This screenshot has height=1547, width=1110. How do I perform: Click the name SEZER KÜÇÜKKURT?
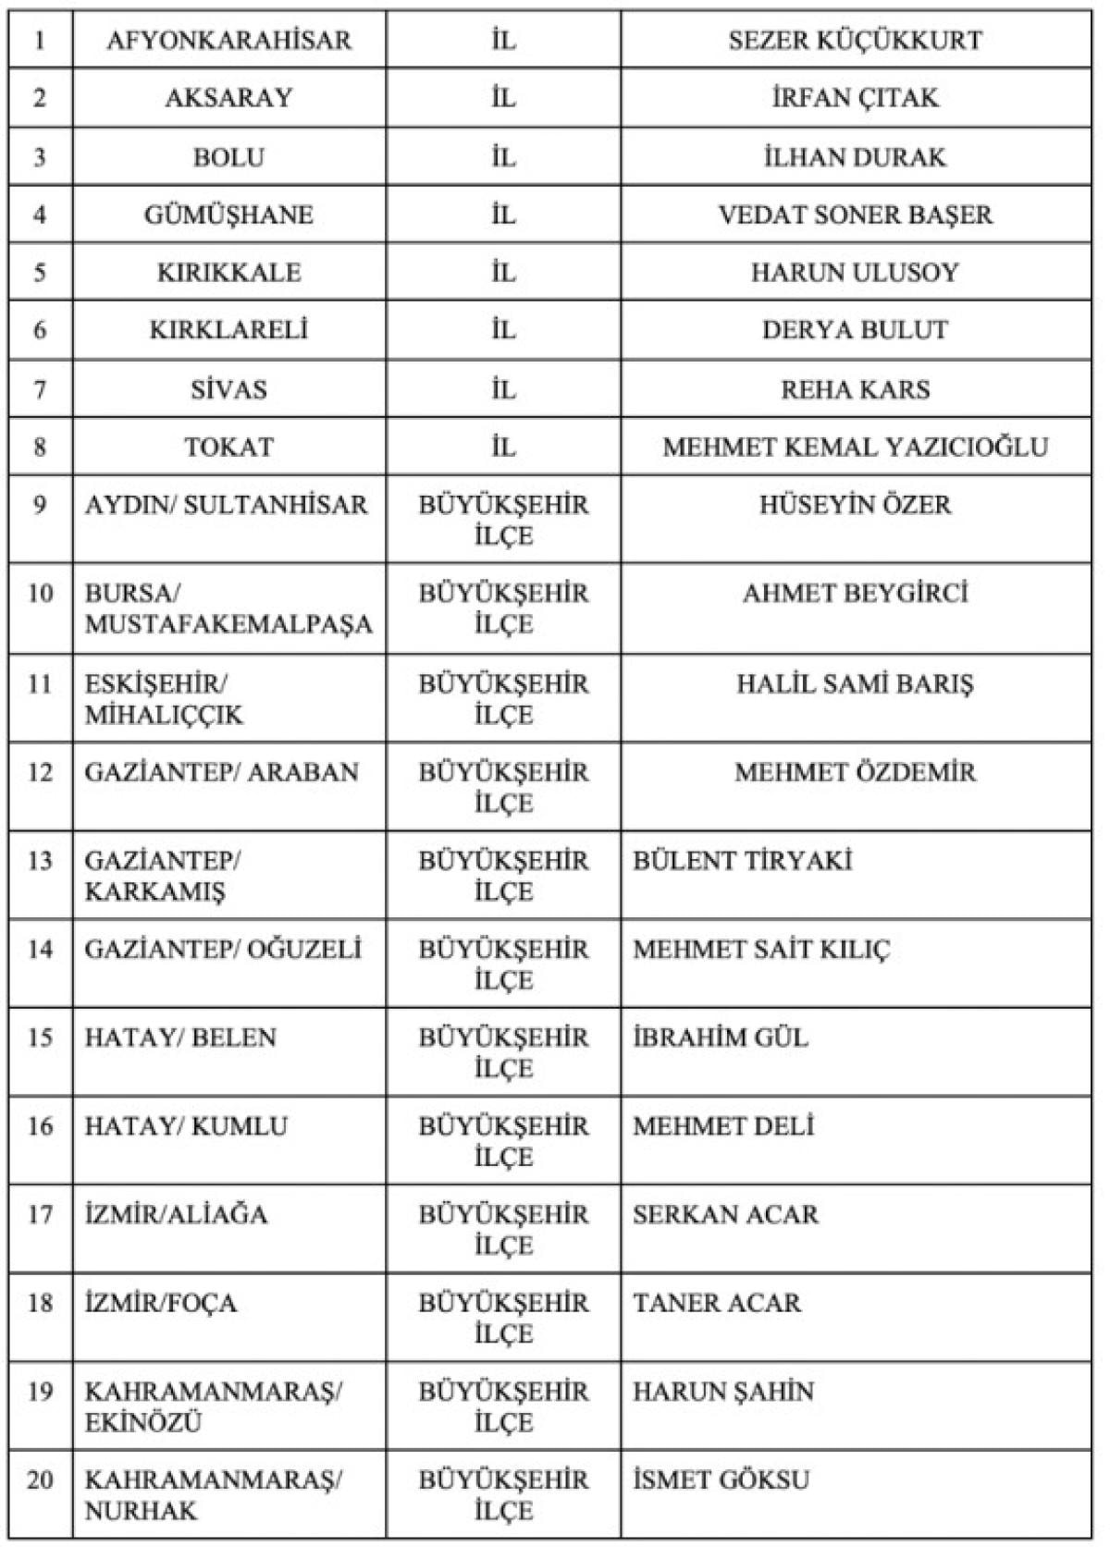click(x=855, y=40)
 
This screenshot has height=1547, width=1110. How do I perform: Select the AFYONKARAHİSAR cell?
click(x=228, y=40)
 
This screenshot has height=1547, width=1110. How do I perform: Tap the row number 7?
click(x=40, y=389)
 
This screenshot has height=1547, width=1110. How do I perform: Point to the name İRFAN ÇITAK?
click(x=855, y=97)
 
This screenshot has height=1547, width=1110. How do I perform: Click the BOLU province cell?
click(x=228, y=156)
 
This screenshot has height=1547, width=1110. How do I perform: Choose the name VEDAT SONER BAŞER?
click(x=855, y=215)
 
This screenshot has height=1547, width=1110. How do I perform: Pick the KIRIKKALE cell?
click(x=228, y=272)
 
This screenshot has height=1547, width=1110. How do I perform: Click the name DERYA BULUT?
click(x=855, y=329)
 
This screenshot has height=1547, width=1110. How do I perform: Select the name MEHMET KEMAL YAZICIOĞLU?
click(x=855, y=447)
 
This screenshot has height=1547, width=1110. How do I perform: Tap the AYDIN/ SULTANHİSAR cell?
click(x=226, y=504)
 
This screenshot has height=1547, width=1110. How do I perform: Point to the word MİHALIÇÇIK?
click(x=164, y=715)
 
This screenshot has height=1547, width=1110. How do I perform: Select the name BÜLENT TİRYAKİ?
click(x=742, y=860)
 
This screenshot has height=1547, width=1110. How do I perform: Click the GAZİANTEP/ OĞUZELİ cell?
click(x=223, y=949)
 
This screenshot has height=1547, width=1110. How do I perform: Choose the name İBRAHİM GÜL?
click(x=720, y=1037)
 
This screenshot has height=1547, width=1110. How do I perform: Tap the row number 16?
click(x=40, y=1125)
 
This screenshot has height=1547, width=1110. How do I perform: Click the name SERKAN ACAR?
click(x=725, y=1213)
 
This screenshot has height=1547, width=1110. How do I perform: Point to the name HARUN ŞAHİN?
click(x=722, y=1391)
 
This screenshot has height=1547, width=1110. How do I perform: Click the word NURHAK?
click(x=141, y=1510)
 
